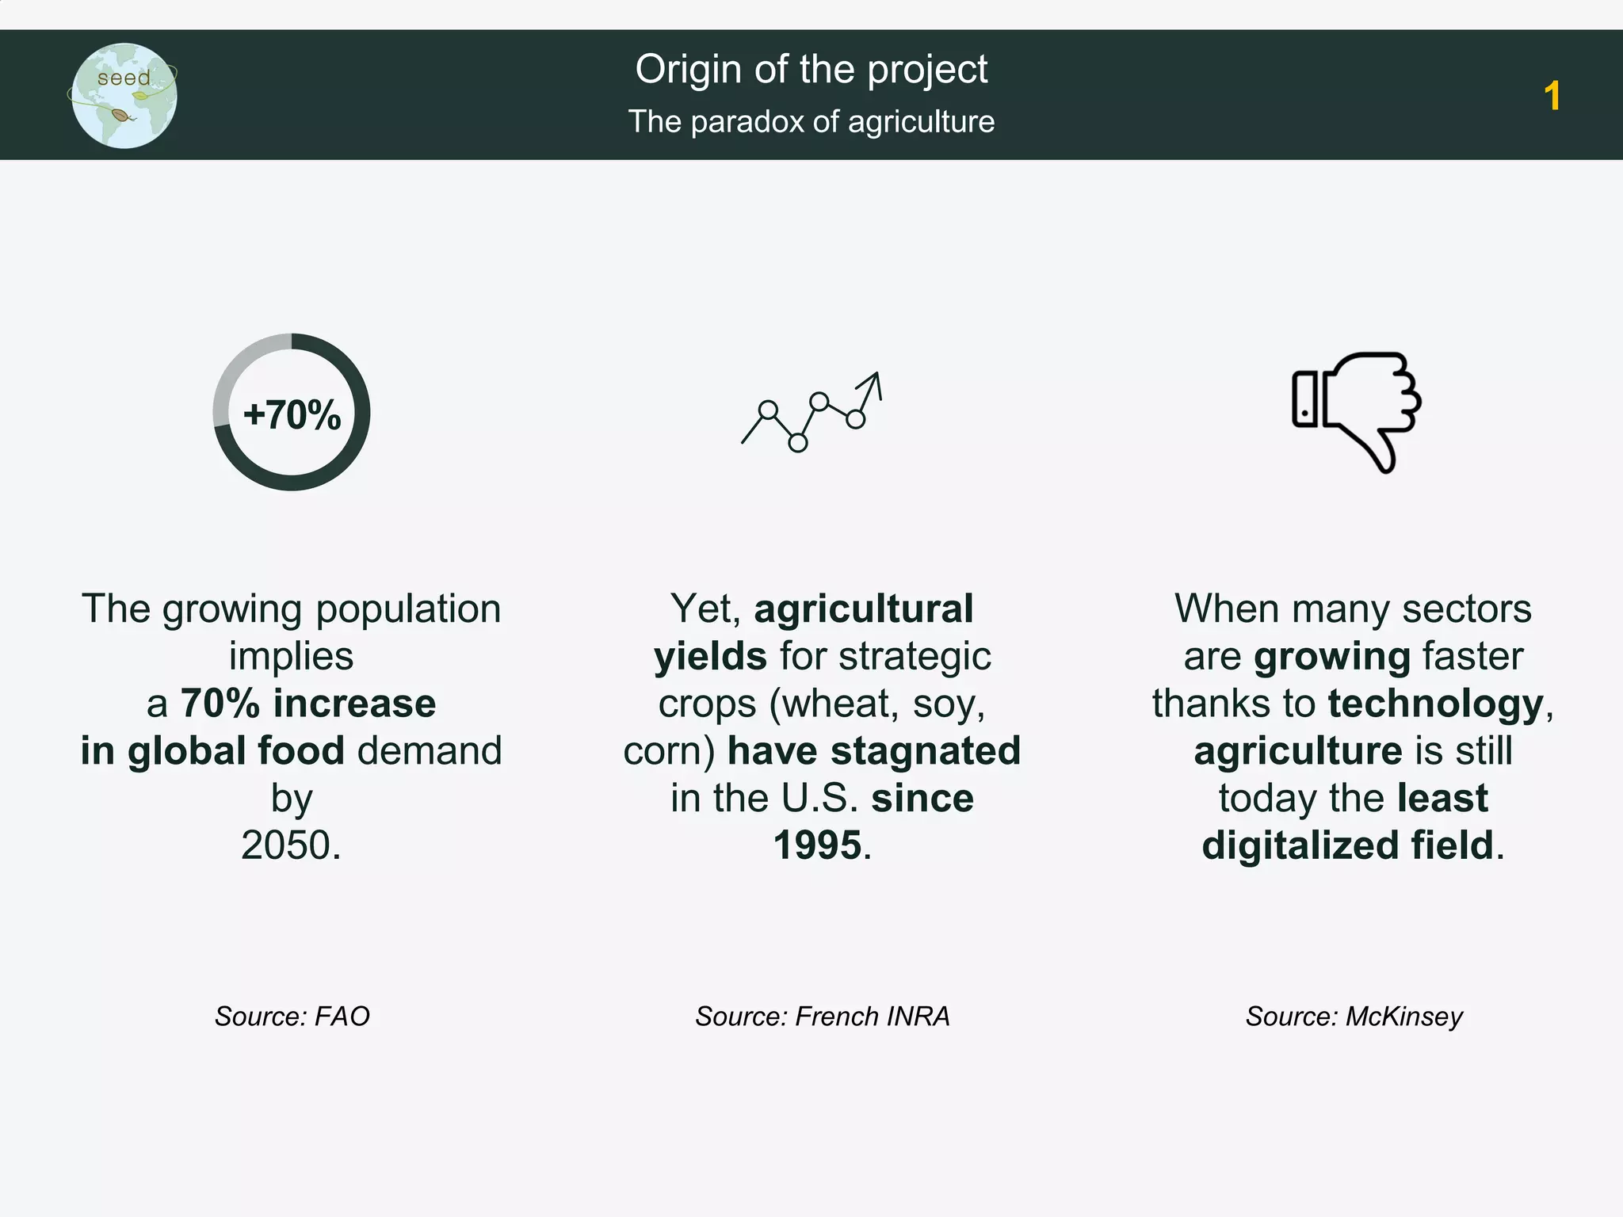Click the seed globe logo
124,96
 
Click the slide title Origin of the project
811,70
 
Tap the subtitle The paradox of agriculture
811,122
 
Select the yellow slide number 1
1552,97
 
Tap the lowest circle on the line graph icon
798,443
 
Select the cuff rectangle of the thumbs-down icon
1304,399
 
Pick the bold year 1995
817,845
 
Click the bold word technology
1435,704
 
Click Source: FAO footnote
292,1017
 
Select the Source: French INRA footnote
822,1017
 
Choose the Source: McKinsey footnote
1354,1017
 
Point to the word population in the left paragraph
408,610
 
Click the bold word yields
710,657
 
